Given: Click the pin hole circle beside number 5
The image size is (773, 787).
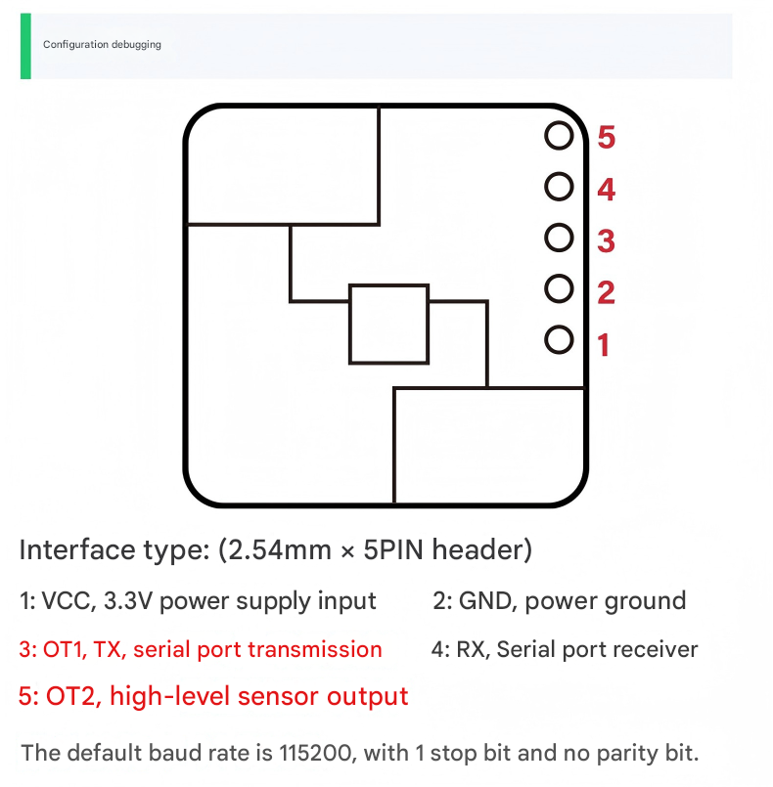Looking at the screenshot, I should [559, 136].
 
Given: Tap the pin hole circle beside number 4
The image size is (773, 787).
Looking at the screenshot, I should [559, 187].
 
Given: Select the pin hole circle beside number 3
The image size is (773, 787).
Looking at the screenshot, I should [559, 238].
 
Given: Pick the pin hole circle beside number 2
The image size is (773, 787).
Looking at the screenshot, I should [559, 288].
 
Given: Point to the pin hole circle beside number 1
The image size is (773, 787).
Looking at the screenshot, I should [559, 339].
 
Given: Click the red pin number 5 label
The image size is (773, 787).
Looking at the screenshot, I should [607, 138].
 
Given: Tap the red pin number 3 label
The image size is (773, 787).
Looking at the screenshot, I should [607, 240].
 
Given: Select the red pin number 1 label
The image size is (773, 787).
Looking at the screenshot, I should [604, 344].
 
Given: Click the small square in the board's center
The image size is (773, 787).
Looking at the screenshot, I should [388, 325].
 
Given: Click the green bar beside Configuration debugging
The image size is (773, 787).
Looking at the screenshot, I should [25, 46].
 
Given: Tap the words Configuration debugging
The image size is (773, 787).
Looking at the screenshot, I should [102, 45].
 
